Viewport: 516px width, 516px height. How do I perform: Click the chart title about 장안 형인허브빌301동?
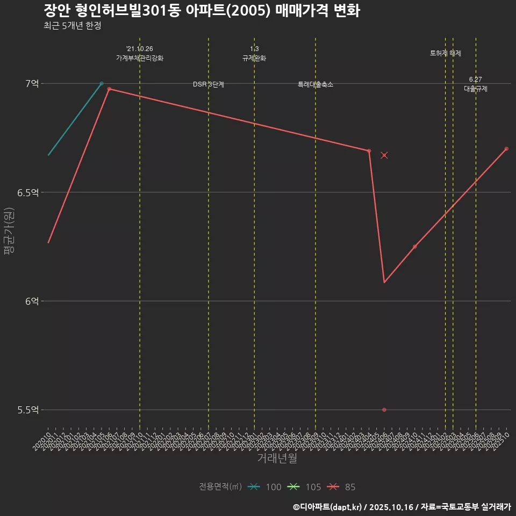tap(202, 11)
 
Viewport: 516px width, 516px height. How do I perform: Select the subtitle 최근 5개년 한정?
tap(73, 25)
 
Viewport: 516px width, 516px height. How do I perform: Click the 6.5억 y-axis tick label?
tap(28, 192)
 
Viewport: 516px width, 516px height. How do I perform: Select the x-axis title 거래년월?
tap(277, 458)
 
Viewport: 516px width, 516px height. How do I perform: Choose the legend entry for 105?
tap(305, 487)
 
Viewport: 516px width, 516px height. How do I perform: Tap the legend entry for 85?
tap(342, 487)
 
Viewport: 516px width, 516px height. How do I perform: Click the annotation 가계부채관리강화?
tap(140, 58)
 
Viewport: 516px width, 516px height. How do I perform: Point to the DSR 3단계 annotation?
tap(209, 84)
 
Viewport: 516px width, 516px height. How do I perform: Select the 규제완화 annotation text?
tap(254, 58)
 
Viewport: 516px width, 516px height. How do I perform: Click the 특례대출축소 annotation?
tap(316, 84)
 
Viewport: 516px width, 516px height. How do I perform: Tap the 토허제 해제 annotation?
tap(446, 53)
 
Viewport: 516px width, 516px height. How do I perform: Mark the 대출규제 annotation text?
tap(476, 89)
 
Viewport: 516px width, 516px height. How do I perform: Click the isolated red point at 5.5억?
tap(384, 410)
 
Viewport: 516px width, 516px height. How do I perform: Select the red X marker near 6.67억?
tap(384, 155)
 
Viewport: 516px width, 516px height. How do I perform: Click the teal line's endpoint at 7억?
tap(102, 83)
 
